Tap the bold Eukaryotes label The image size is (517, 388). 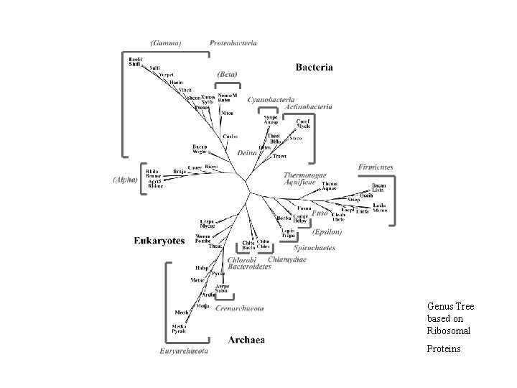(x=159, y=240)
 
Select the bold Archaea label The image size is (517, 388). (x=246, y=338)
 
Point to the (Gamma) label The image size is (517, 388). (x=166, y=43)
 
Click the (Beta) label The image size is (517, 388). (x=228, y=74)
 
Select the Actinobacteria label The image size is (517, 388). (x=307, y=106)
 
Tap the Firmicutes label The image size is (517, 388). (x=376, y=167)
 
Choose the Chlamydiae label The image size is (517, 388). (x=287, y=259)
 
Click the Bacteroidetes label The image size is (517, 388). (x=249, y=267)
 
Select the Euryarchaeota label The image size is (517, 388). (x=184, y=351)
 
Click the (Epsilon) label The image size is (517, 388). (x=327, y=231)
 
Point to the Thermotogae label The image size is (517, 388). (x=305, y=175)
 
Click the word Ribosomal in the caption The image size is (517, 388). (x=448, y=331)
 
